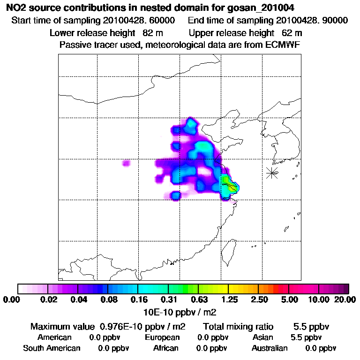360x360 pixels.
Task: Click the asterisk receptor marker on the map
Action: point(272,172)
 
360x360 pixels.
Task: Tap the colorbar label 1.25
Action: point(229,300)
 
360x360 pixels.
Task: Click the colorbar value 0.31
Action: point(169,300)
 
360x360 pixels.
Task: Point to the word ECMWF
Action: point(284,45)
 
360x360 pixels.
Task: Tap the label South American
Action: point(52,348)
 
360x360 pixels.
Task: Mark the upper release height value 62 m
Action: point(292,33)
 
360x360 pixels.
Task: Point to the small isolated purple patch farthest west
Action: point(126,163)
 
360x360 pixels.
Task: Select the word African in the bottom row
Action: point(166,348)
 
